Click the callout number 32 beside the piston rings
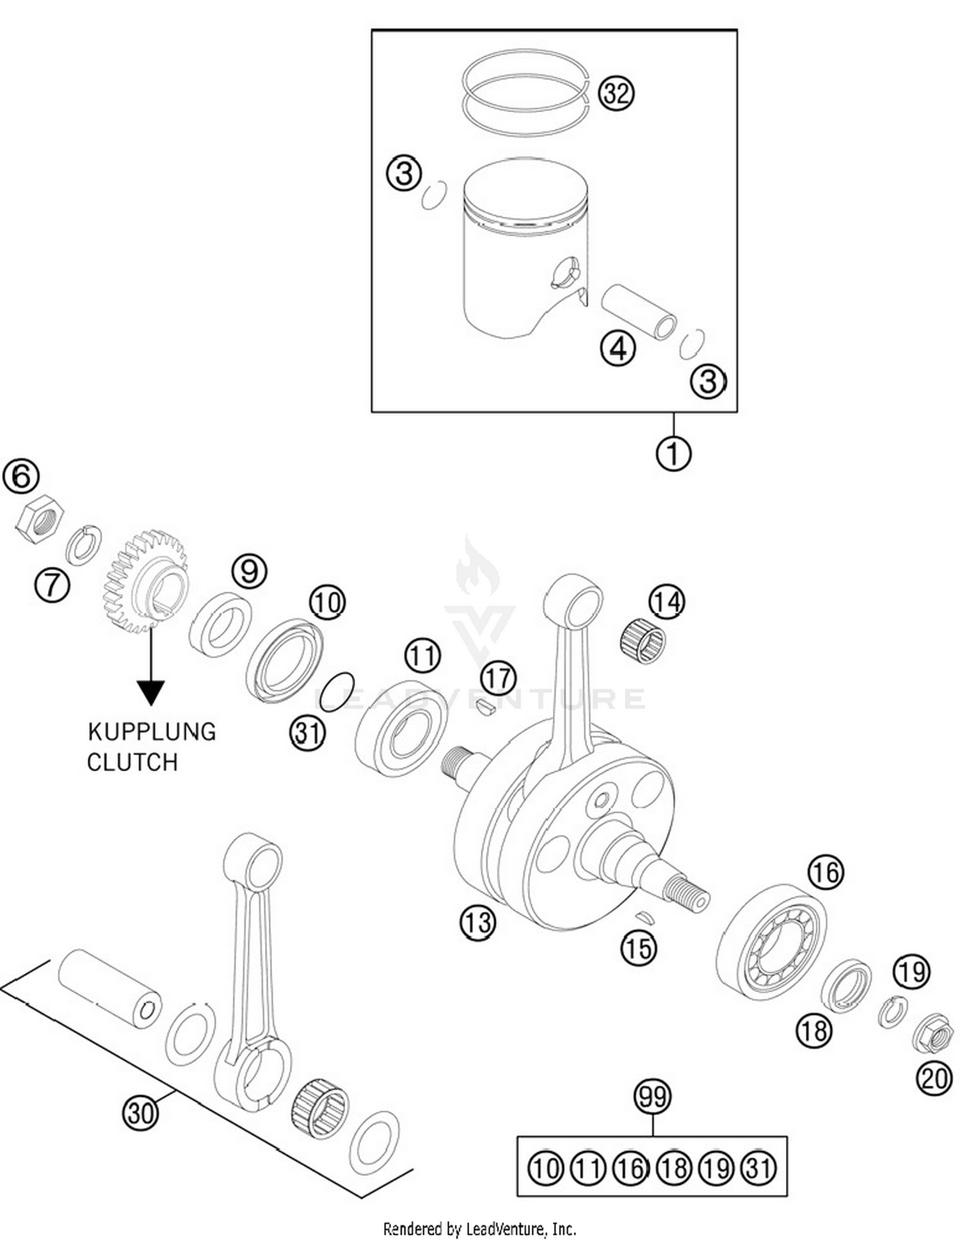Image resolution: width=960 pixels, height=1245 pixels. click(616, 94)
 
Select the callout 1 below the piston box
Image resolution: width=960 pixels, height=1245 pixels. click(673, 453)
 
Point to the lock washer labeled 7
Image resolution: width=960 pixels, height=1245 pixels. click(84, 545)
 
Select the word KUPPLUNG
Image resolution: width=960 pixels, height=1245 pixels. click(152, 731)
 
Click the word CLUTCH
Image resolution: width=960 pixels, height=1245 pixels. click(132, 762)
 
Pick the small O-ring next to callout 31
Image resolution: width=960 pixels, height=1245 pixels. click(337, 691)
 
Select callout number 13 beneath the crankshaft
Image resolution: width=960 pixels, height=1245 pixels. click(477, 922)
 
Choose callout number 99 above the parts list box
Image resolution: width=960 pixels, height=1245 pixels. click(652, 1095)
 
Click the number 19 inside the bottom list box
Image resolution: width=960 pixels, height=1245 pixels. click(716, 1168)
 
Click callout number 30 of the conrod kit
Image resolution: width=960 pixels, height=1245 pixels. click(140, 1112)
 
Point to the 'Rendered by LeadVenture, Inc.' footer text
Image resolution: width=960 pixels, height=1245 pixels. click(479, 1229)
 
